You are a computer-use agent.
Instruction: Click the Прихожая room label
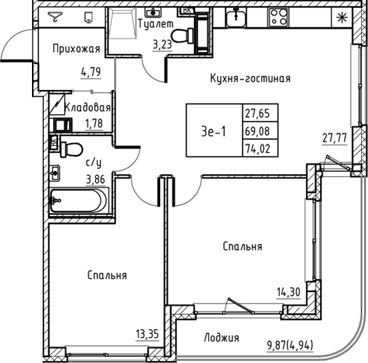coord(78,48)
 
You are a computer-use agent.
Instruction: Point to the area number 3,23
coord(162,46)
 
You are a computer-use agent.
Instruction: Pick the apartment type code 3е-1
coord(213,131)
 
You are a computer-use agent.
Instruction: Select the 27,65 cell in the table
coord(261,113)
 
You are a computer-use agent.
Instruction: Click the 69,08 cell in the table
coord(261,131)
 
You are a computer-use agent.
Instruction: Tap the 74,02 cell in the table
coord(261,148)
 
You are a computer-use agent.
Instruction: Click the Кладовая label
coord(87,107)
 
